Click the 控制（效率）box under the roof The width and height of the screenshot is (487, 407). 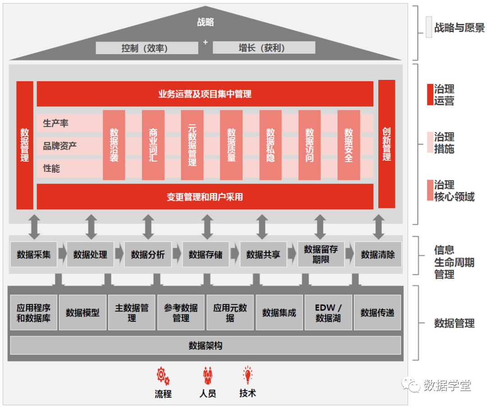click(x=147, y=48)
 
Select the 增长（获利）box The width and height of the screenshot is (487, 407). click(x=264, y=48)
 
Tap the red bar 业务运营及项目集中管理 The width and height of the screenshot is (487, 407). click(x=205, y=94)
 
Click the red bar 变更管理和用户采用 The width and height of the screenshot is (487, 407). click(x=205, y=197)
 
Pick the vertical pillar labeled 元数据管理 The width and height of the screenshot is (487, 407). click(x=192, y=145)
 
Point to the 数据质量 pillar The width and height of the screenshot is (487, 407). click(x=231, y=145)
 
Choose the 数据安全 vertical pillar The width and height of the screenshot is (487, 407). click(x=349, y=145)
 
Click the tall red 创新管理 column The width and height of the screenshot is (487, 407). click(x=386, y=144)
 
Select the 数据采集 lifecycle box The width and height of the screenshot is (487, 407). click(x=34, y=254)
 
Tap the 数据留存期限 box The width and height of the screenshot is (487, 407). click(x=321, y=254)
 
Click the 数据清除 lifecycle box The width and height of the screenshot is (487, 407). click(x=378, y=254)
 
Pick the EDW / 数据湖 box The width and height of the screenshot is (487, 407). click(x=328, y=313)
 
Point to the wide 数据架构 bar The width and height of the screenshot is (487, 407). click(x=205, y=346)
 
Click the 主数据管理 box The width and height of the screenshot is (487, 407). click(x=132, y=313)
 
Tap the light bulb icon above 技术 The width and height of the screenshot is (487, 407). click(x=248, y=375)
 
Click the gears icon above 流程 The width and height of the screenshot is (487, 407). click(x=163, y=375)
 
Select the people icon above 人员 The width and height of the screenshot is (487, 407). click(x=207, y=375)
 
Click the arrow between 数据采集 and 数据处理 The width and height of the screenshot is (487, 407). click(x=62, y=254)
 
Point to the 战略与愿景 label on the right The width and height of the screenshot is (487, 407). click(x=459, y=28)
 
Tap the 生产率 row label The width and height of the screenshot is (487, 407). click(x=56, y=123)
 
